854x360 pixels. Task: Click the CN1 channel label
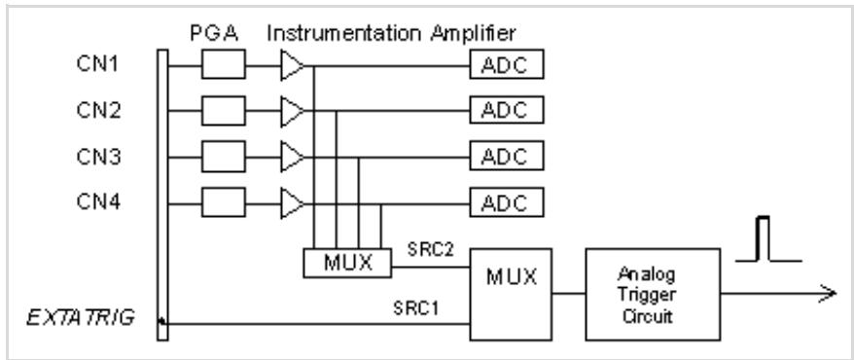98,64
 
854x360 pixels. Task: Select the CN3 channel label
98,157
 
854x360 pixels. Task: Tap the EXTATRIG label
81,317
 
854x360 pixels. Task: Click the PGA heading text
214,34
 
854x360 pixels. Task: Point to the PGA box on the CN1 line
224,64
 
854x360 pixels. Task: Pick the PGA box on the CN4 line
224,202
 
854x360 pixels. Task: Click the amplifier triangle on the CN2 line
293,111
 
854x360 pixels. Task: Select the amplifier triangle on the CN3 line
293,157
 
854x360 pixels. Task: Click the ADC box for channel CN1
507,64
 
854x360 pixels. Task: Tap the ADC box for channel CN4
507,202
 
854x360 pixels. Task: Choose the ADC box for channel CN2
507,111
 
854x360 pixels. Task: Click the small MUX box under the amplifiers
347,263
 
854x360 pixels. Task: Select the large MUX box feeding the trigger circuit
511,295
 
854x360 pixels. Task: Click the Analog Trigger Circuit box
653,295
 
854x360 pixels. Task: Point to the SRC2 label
431,250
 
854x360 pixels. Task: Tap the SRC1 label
417,308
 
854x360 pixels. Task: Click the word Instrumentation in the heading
343,34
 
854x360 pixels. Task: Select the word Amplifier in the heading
473,34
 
